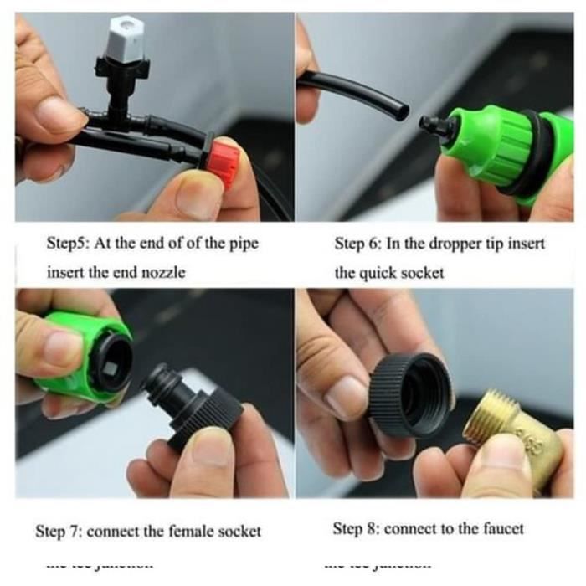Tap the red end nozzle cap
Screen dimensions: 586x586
pyautogui.click(x=223, y=160)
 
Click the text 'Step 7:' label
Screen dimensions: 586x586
pyautogui.click(x=59, y=531)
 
